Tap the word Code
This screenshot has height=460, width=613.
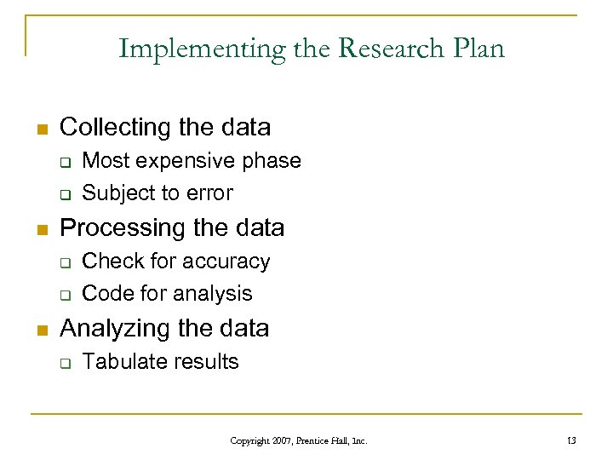(104, 294)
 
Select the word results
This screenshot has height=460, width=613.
(207, 361)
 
